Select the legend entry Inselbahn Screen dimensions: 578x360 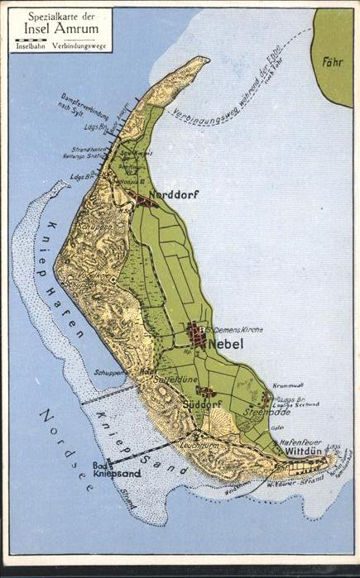[x=31, y=45]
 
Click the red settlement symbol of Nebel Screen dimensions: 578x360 [x=198, y=334]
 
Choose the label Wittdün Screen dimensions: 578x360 [x=305, y=454]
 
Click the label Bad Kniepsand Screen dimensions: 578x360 [x=118, y=470]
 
